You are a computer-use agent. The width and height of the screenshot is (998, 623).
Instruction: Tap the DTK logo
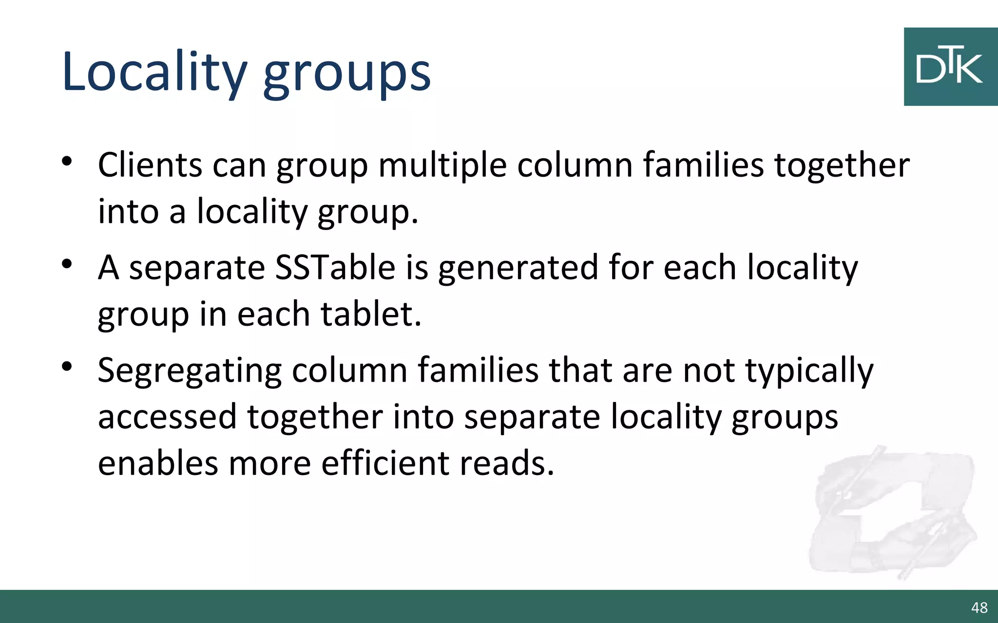pos(950,67)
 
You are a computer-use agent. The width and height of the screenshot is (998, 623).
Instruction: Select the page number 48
pos(979,607)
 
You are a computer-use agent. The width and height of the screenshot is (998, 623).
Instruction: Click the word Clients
pos(150,165)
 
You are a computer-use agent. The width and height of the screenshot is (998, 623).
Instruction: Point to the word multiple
pos(442,166)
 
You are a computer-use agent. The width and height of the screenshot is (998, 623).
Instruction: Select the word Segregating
pos(189,371)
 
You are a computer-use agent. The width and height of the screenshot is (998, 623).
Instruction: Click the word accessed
pos(167,417)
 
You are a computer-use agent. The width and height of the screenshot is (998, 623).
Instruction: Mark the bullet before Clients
pos(67,161)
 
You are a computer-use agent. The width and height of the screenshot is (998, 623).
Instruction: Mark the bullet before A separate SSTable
pos(67,264)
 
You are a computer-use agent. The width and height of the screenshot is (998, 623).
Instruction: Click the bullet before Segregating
pos(67,366)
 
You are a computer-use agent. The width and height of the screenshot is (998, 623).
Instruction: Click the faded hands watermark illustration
pos(892,511)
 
